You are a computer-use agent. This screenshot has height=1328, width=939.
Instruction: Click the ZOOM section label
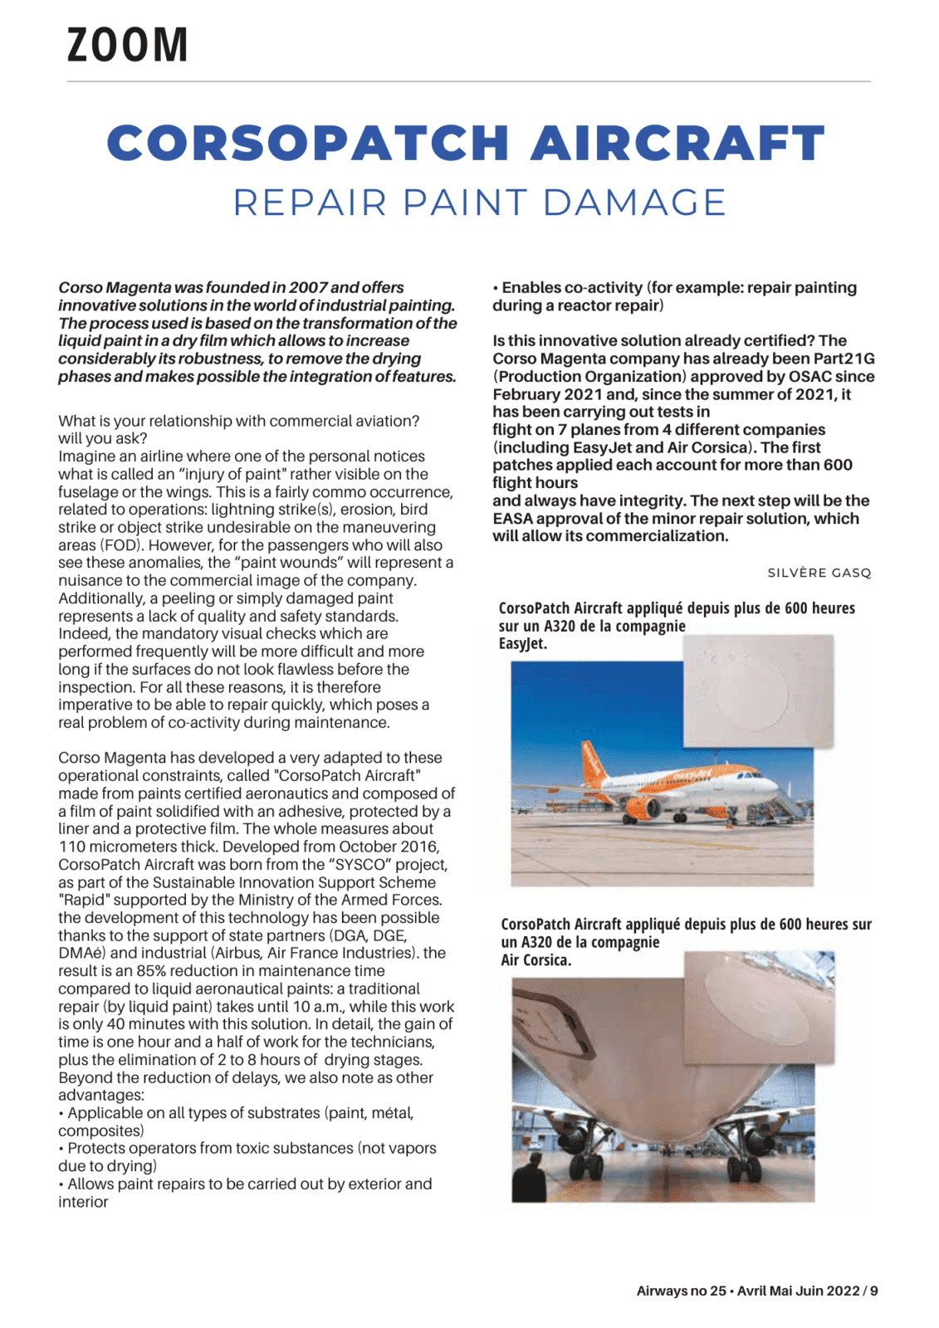click(127, 45)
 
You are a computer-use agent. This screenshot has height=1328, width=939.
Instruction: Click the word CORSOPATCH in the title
click(307, 143)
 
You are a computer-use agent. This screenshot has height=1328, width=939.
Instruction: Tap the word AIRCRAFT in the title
click(677, 143)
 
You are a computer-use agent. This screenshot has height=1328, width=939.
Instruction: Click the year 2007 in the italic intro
click(308, 287)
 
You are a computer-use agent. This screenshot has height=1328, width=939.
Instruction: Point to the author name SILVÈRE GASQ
click(819, 573)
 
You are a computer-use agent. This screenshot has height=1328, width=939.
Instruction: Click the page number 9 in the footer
click(873, 1291)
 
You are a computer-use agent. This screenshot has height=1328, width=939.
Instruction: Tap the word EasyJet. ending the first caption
click(522, 643)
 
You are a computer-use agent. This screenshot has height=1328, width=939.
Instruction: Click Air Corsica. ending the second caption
click(536, 960)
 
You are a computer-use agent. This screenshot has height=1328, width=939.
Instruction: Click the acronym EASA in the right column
click(512, 519)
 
